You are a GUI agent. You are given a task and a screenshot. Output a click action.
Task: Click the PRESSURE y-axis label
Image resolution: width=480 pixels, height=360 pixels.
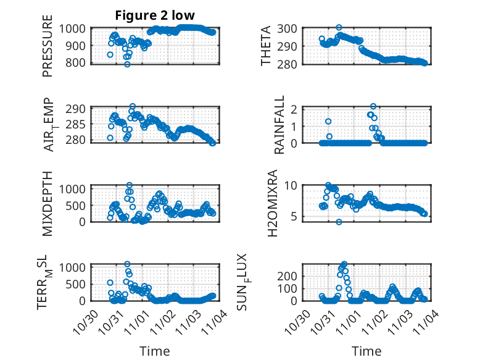48,50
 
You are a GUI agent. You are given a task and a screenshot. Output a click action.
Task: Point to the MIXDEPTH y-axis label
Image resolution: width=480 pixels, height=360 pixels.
48,203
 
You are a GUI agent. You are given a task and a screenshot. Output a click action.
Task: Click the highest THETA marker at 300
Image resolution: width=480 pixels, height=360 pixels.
339,28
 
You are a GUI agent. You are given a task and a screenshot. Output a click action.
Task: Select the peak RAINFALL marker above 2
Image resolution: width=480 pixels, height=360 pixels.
373,106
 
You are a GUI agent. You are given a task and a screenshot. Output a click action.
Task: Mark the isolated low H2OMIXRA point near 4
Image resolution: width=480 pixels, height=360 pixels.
339,222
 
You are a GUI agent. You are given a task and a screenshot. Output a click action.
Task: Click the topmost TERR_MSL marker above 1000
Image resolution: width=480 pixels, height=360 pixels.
127,264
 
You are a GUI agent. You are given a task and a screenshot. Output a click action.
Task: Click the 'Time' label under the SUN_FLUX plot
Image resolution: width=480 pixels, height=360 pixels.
366,351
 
